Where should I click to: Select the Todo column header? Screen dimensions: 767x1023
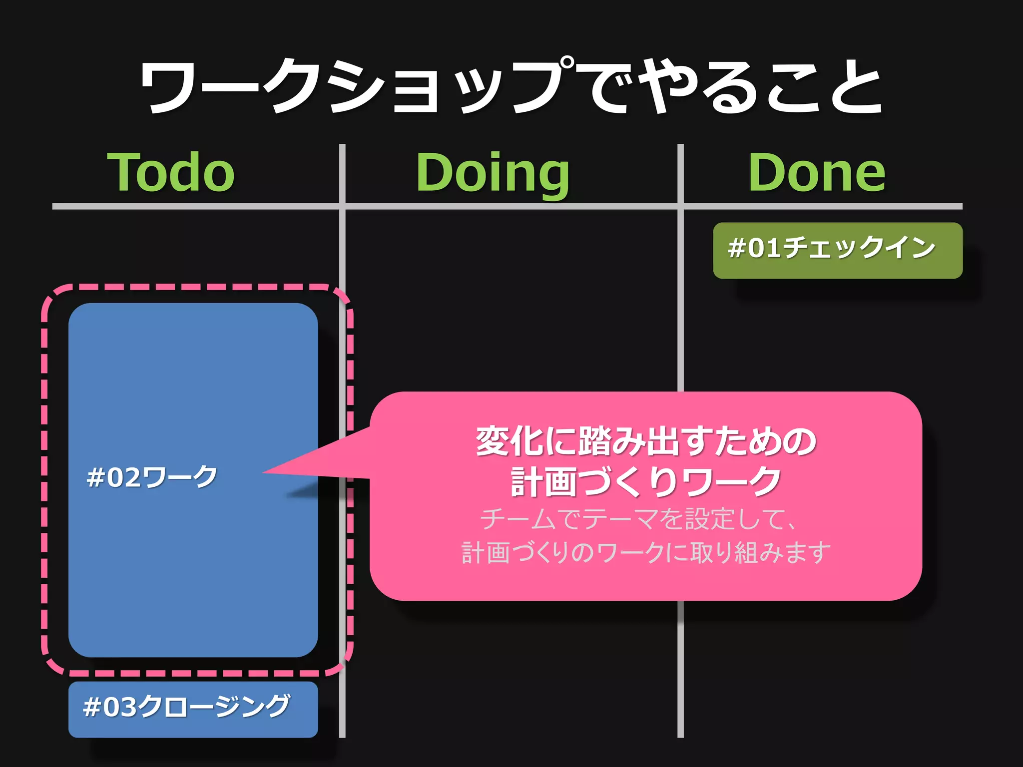171,172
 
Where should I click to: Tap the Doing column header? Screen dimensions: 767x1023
493,173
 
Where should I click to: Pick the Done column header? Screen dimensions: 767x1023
817,172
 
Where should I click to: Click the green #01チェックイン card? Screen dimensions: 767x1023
837,250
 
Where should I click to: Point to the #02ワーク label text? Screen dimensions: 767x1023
152,477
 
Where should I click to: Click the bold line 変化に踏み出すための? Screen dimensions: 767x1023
646,441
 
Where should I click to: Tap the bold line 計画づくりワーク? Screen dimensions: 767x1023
646,481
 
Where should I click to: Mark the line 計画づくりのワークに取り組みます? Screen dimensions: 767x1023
646,553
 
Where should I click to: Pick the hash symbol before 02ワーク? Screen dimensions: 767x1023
95,477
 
